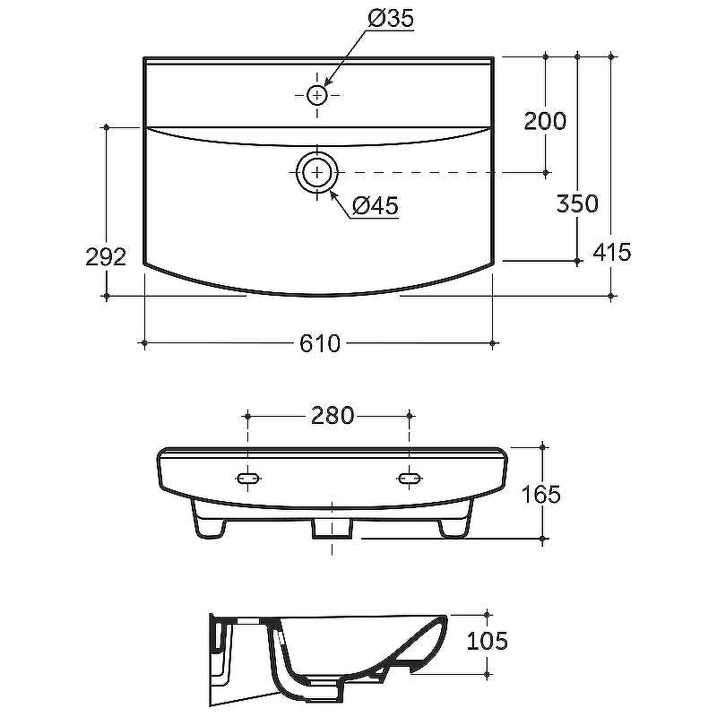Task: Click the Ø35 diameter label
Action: [391, 19]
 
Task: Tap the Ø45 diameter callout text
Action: [376, 206]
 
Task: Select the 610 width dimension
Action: [320, 343]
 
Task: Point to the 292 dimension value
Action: [106, 257]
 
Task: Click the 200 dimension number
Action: [545, 121]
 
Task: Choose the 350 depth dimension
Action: [577, 203]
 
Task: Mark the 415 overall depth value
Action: [612, 252]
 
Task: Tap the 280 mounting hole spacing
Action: [333, 416]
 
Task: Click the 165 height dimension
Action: [541, 495]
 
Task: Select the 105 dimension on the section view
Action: [487, 641]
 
